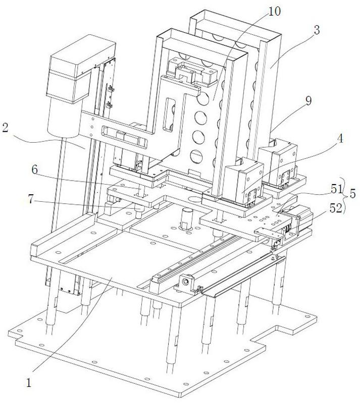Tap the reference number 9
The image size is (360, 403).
pyautogui.click(x=307, y=100)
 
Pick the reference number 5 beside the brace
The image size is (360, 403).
pyautogui.click(x=352, y=194)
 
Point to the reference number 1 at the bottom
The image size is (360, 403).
pyautogui.click(x=29, y=383)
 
